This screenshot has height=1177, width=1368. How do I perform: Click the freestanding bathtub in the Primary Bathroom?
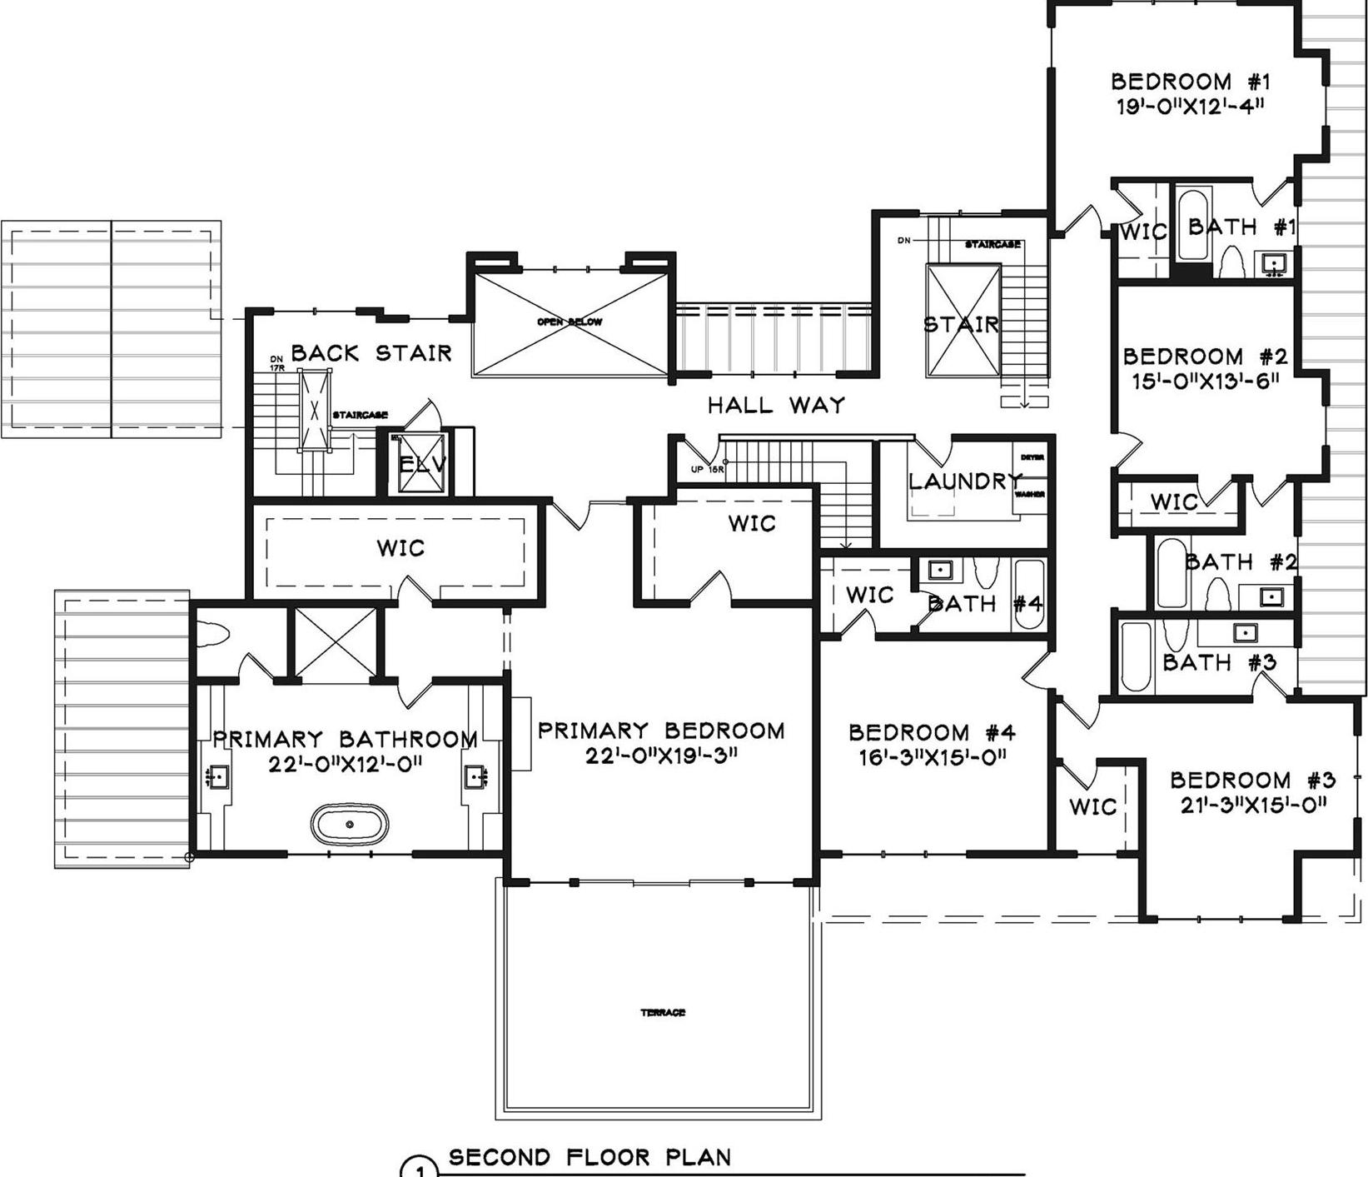349,824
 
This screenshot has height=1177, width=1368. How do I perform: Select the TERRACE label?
663,1013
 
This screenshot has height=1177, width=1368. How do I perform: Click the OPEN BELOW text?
570,322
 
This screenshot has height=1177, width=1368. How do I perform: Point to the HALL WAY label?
776,406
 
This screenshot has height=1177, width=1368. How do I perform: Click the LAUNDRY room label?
964,481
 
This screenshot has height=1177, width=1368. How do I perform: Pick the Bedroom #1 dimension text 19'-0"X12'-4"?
1191,107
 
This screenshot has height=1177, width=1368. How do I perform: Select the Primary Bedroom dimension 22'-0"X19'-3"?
661,756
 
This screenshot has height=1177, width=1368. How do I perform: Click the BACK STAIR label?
371,353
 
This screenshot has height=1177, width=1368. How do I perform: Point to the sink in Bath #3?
1245,633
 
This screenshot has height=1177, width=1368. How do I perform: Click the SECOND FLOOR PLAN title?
589,1157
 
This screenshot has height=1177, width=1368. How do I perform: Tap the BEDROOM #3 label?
1252,781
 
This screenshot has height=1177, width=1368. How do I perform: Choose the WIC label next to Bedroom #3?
1092,806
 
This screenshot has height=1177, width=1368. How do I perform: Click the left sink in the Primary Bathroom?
216,777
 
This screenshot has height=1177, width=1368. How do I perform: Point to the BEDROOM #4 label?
932,733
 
